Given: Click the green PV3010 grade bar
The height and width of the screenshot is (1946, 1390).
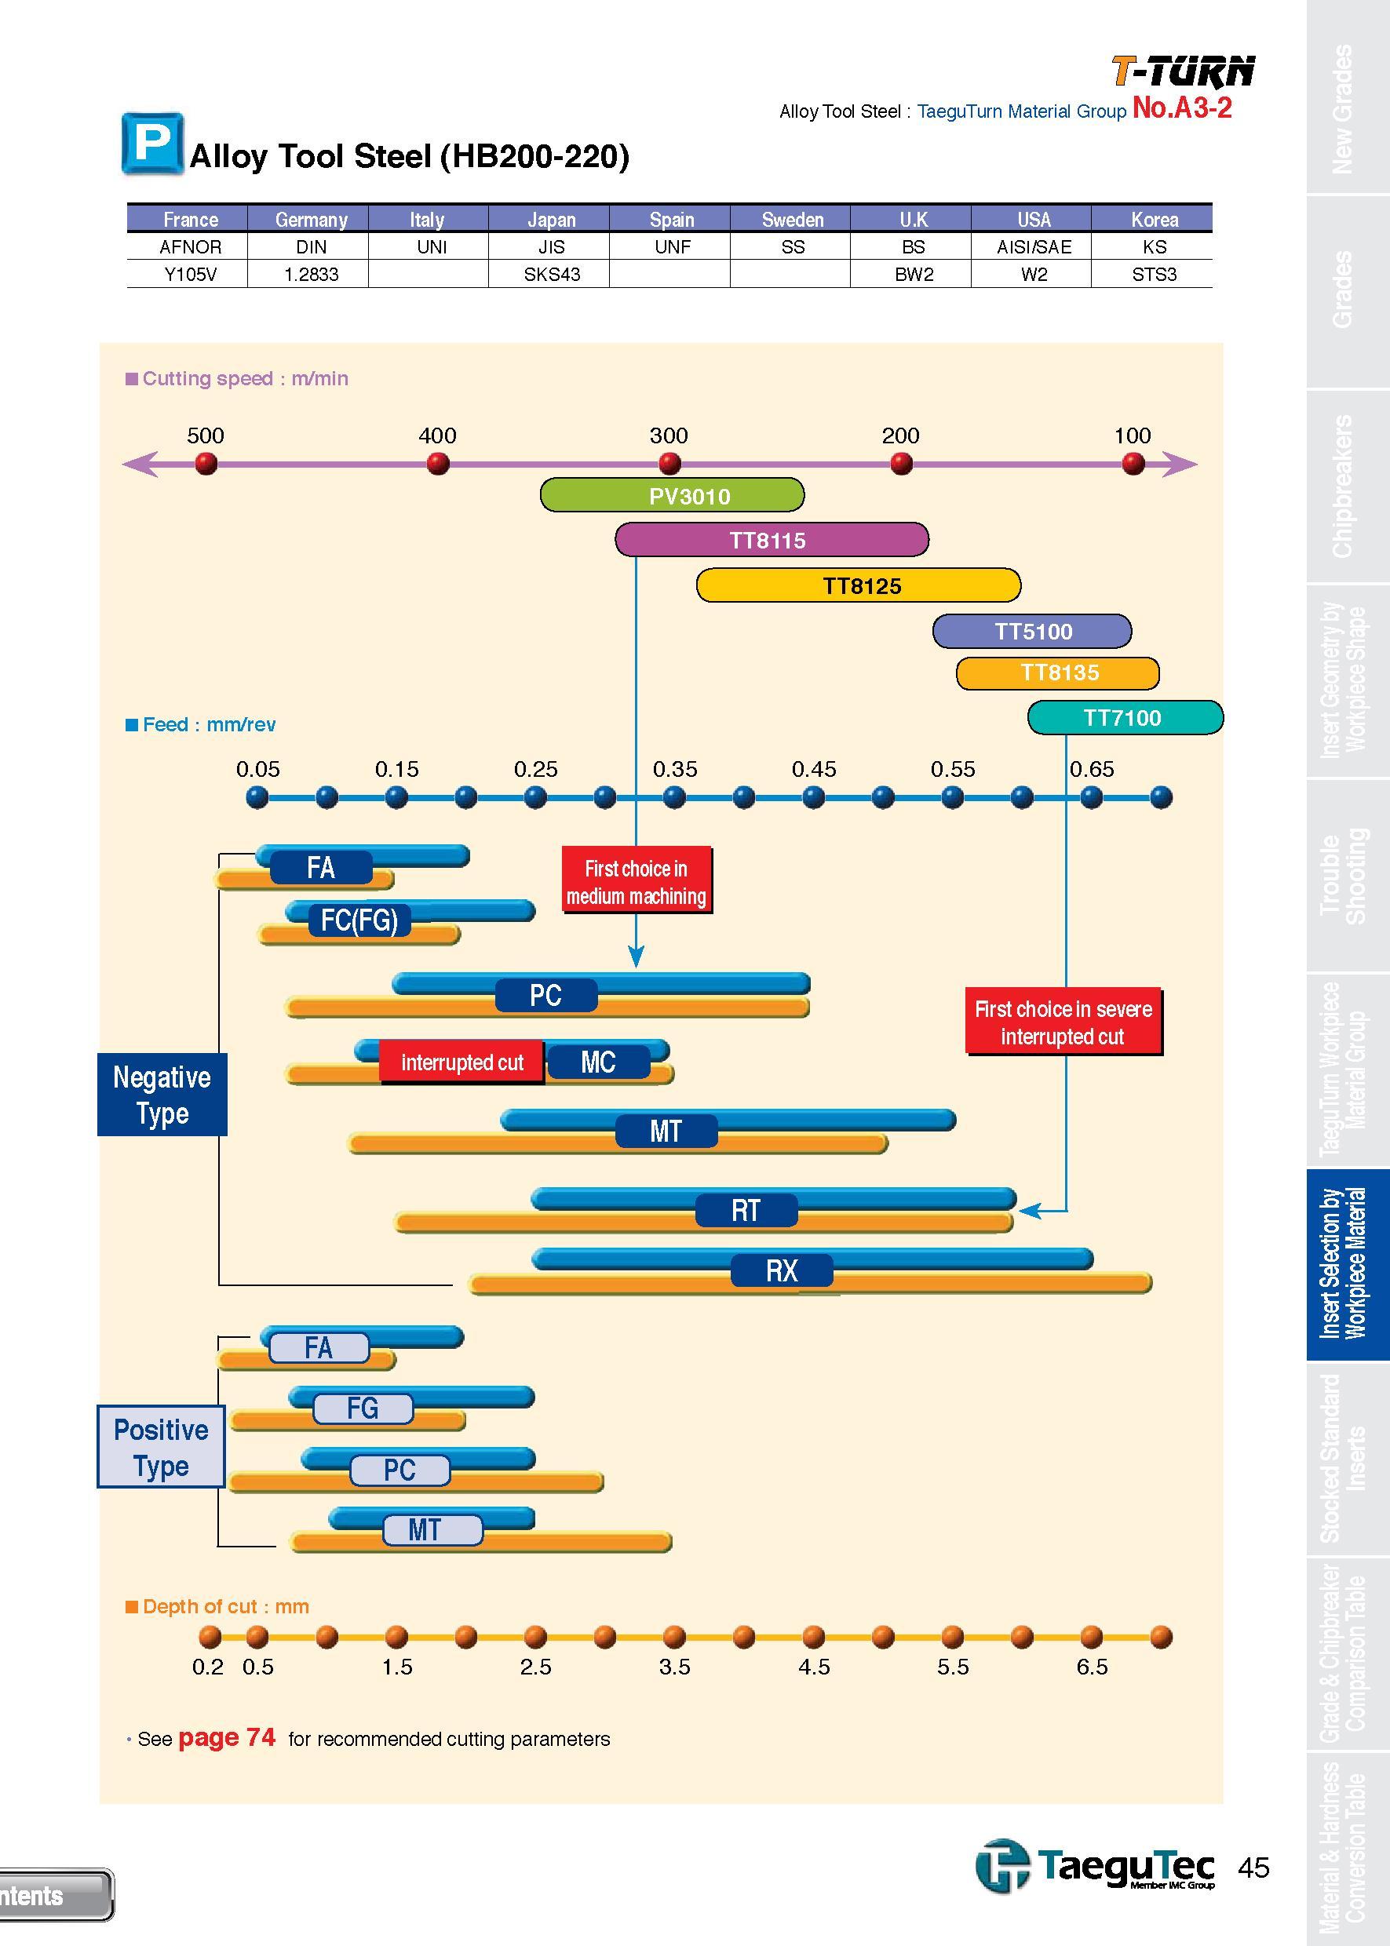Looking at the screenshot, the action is [672, 495].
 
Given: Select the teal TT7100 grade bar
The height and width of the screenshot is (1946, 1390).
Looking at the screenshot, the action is [1125, 717].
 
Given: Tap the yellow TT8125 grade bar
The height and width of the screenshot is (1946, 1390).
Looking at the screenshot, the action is [859, 585].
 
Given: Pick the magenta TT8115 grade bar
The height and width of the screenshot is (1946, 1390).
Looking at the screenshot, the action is [772, 540].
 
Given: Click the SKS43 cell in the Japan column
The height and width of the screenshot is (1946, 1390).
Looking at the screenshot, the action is [551, 275].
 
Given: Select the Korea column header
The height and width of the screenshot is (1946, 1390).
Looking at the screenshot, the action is [1154, 220].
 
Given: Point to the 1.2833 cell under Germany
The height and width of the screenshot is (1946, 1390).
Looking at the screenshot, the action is [312, 275].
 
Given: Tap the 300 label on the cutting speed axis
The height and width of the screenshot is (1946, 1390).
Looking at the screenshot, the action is [669, 435].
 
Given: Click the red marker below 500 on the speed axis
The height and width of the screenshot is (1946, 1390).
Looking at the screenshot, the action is [206, 464].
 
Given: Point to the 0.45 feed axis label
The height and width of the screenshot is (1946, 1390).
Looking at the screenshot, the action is [813, 769].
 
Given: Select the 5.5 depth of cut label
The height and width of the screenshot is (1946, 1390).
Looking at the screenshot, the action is [952, 1667].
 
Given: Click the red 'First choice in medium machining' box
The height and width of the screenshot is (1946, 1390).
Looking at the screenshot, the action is [636, 881].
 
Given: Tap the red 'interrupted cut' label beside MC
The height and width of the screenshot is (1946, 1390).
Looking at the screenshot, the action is [462, 1062].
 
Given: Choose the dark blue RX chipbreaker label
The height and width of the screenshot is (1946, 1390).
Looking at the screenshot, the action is [782, 1270].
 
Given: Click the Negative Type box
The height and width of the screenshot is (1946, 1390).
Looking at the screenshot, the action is [162, 1095].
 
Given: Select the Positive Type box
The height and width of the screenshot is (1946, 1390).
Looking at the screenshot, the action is [161, 1447].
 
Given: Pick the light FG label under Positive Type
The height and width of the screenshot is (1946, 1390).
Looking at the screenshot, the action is [363, 1408].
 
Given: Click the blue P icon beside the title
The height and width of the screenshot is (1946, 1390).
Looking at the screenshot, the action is [152, 143].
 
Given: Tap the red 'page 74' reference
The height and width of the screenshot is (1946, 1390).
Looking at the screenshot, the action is [227, 1738].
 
